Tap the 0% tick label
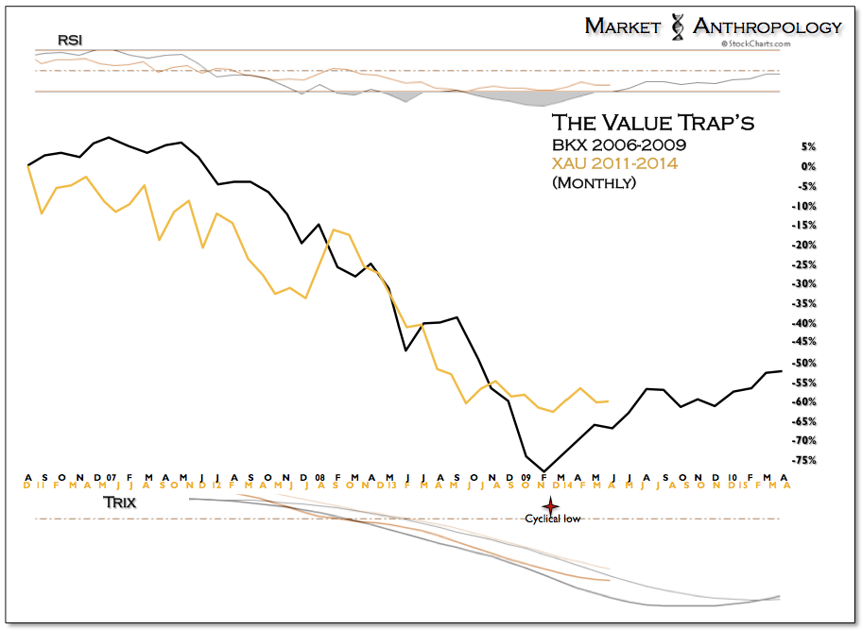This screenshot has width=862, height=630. pyautogui.click(x=808, y=166)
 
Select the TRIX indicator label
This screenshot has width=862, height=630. pyautogui.click(x=118, y=503)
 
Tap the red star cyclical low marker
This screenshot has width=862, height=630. pyautogui.click(x=544, y=505)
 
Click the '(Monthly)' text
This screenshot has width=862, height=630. pyautogui.click(x=594, y=182)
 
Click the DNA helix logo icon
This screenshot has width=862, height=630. pyautogui.click(x=676, y=26)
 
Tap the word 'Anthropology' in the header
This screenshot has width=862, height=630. pyautogui.click(x=767, y=26)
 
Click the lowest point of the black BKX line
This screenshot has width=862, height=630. pyautogui.click(x=544, y=470)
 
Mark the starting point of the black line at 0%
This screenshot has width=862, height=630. pyautogui.click(x=28, y=165)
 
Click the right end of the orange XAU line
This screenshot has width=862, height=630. pyautogui.click(x=609, y=400)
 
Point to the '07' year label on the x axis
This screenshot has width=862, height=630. pyautogui.click(x=111, y=477)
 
